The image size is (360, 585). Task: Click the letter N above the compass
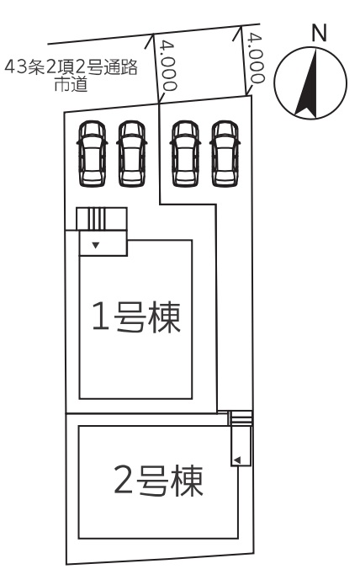click(319, 33)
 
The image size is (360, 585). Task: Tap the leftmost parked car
click(92, 153)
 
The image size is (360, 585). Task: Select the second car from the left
click(132, 153)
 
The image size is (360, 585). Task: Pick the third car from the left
click(185, 153)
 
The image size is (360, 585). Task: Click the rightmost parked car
click(225, 153)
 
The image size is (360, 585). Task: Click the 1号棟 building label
click(136, 317)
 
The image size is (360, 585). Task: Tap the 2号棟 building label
click(158, 481)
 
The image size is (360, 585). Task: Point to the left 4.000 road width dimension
click(167, 66)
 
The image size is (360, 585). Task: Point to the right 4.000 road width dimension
click(256, 57)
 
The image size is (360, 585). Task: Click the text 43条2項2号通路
click(71, 67)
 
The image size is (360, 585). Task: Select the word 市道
click(71, 84)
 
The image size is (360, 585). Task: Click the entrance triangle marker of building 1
click(96, 245)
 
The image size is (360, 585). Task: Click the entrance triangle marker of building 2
click(237, 460)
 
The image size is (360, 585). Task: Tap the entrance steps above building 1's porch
click(102, 219)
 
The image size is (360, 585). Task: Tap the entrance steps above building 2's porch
click(241, 418)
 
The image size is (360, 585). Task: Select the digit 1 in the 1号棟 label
click(101, 316)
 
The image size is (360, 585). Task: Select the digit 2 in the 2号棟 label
click(124, 480)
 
